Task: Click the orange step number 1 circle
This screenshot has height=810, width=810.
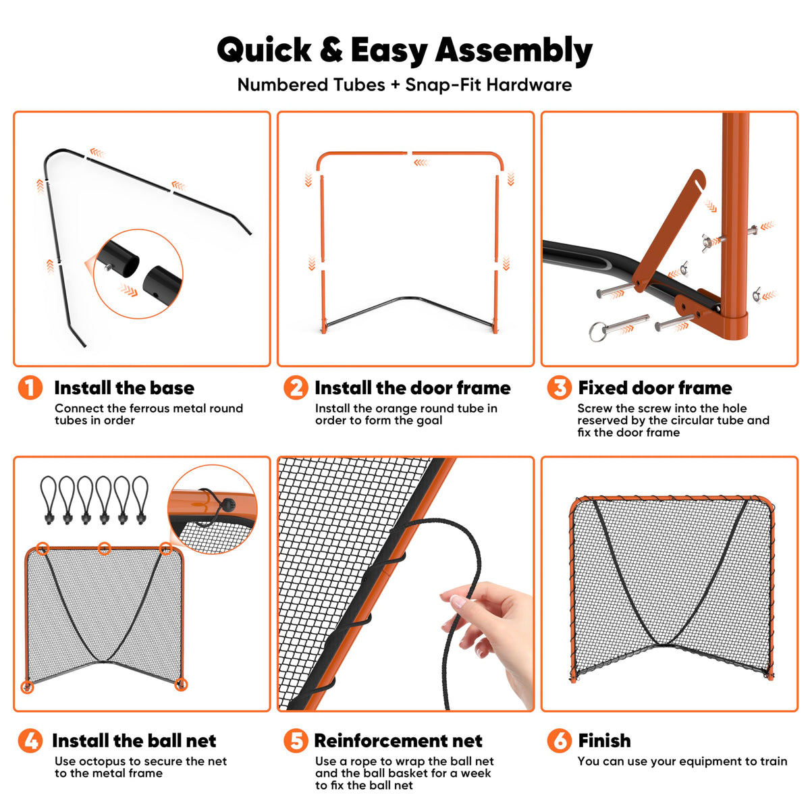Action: tap(30, 387)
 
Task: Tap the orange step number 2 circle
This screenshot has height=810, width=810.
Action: tap(296, 387)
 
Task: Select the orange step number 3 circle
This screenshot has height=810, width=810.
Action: tap(560, 387)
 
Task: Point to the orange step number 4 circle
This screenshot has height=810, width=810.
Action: tap(30, 740)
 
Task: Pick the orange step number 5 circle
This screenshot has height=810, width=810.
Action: tap(296, 740)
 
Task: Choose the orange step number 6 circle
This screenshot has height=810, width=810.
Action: tap(560, 740)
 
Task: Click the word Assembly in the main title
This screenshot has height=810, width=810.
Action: tap(514, 51)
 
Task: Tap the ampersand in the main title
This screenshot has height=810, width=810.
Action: tap(331, 49)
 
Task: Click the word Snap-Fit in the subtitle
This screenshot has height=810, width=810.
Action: tap(443, 85)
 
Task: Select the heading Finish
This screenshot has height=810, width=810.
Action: tap(604, 740)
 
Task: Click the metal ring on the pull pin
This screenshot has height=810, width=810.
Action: tap(597, 331)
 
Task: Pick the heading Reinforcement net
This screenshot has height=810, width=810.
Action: tap(398, 740)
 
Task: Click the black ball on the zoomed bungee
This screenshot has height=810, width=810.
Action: tap(229, 504)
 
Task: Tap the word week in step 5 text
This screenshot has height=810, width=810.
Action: tap(475, 773)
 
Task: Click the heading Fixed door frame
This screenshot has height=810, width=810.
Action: tap(655, 387)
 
